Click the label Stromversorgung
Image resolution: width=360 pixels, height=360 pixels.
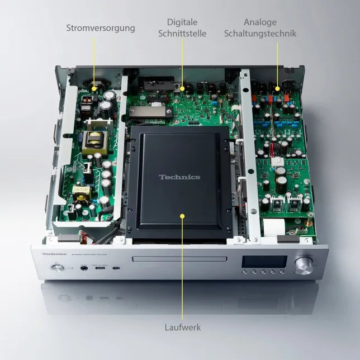pyautogui.click(x=101, y=27)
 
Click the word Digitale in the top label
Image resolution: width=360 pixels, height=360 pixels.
pyautogui.click(x=182, y=22)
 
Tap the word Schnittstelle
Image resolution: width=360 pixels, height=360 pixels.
pyautogui.click(x=182, y=34)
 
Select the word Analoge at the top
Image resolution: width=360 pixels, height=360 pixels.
pyautogui.click(x=260, y=22)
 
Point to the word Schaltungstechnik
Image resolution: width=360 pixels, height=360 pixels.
pyautogui.click(x=260, y=34)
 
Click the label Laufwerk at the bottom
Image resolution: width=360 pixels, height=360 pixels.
pyautogui.click(x=182, y=327)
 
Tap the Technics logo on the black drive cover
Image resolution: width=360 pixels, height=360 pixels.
pyautogui.click(x=179, y=177)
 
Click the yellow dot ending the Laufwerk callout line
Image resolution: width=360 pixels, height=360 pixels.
pyautogui.click(x=182, y=215)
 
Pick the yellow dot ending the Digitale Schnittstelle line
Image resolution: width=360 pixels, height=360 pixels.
pyautogui.click(x=182, y=89)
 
